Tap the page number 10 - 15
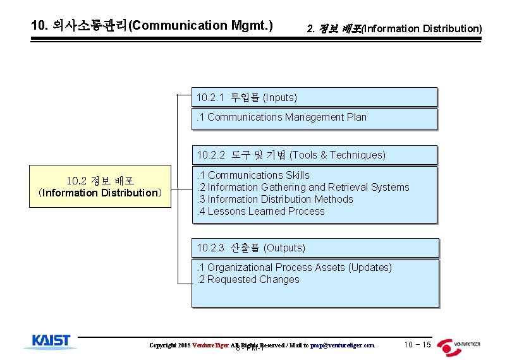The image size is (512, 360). tap(417, 344)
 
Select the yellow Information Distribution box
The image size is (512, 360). tap(100, 187)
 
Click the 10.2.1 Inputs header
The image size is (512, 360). tap(314, 97)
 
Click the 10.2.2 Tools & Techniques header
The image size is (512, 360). tap(314, 155)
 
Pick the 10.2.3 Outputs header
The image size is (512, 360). tap(314, 248)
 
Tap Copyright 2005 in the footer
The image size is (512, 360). tap(169, 345)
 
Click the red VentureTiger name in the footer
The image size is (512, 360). tap(210, 345)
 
